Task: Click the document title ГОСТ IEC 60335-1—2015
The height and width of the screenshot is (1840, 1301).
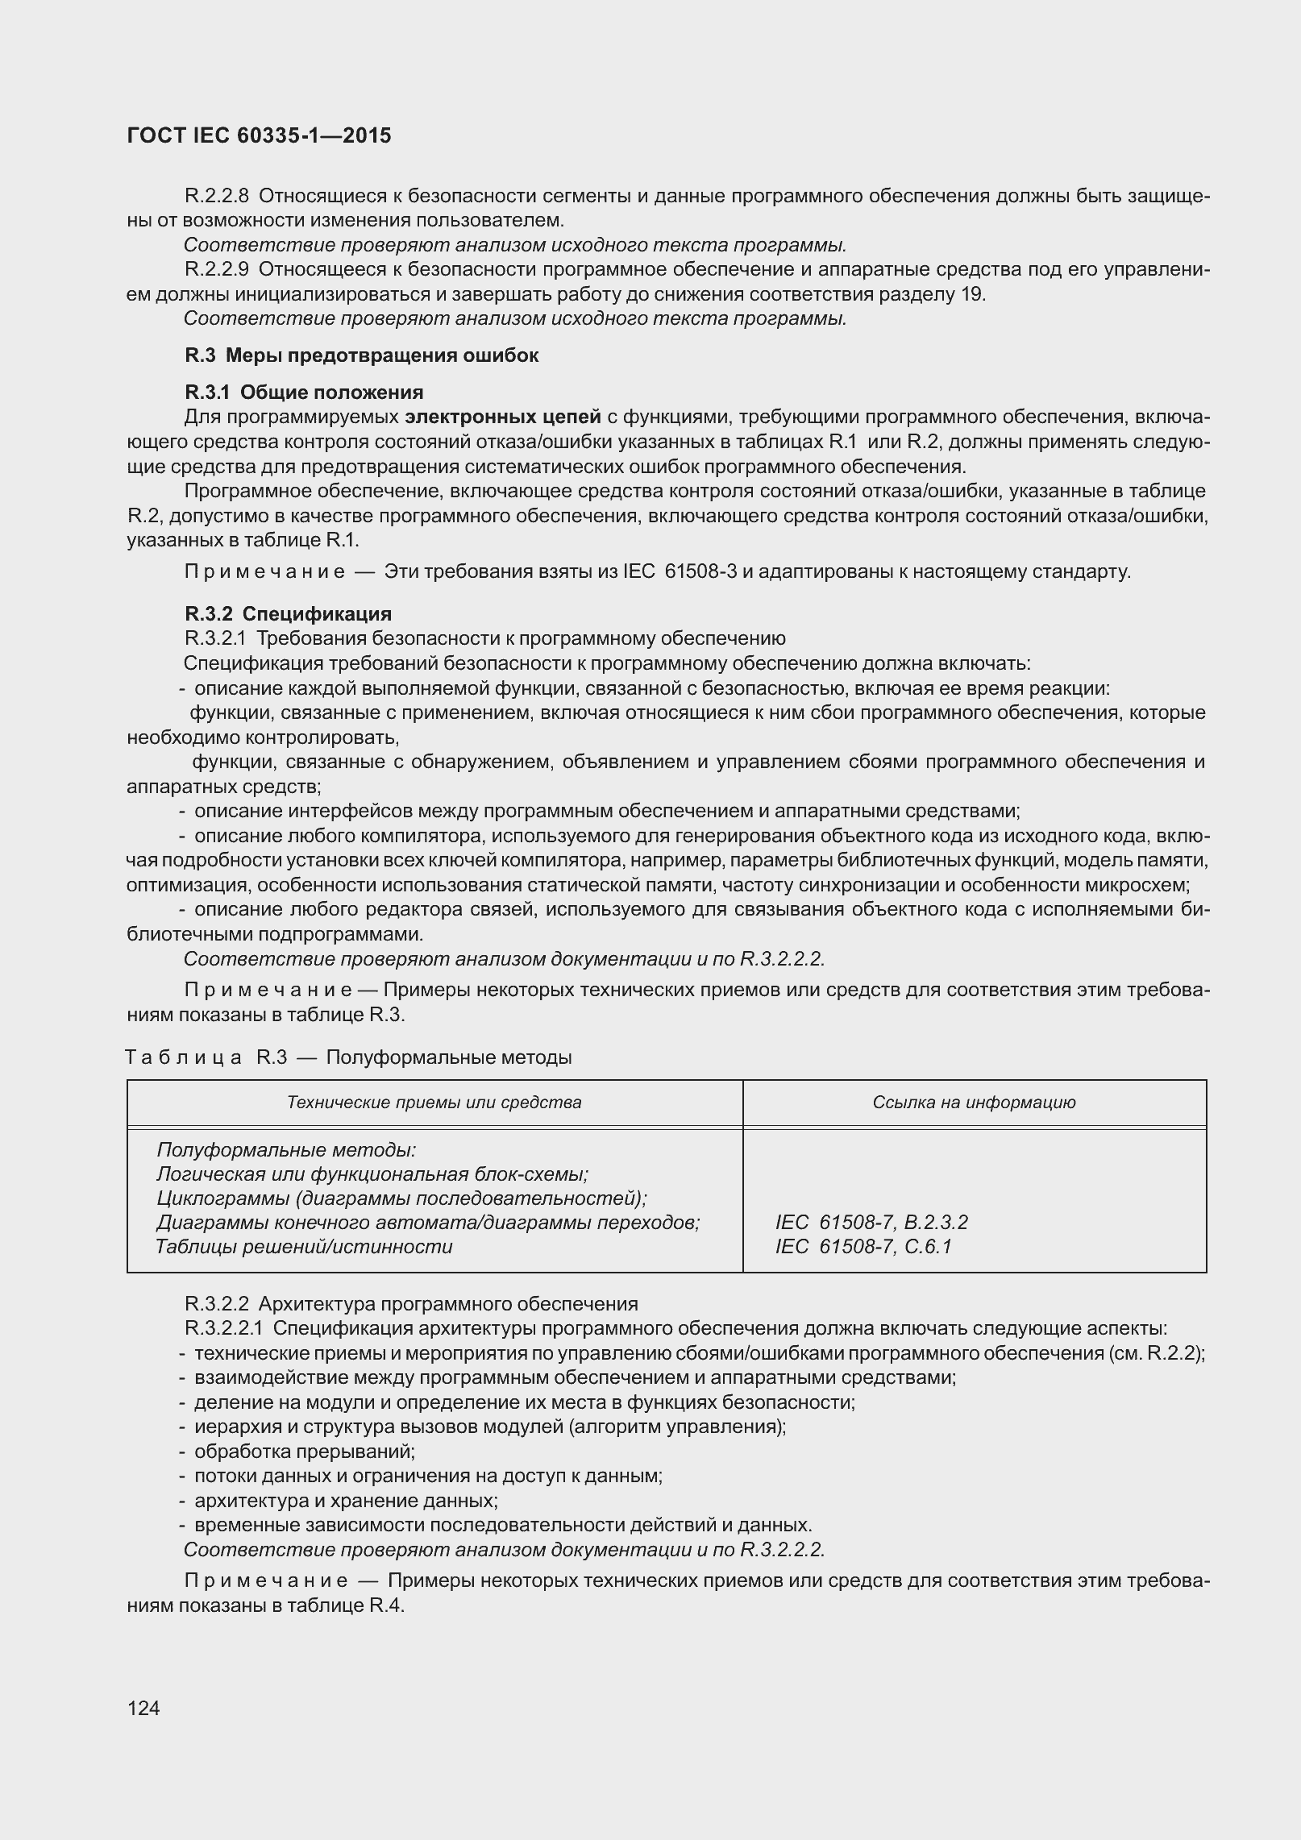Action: click(x=259, y=135)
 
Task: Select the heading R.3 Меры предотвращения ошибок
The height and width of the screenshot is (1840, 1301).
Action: click(x=361, y=355)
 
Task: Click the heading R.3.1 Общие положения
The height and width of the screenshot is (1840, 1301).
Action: click(x=304, y=393)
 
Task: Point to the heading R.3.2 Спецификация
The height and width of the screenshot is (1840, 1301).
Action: click(x=288, y=614)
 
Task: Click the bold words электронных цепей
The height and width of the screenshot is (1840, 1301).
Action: click(x=503, y=417)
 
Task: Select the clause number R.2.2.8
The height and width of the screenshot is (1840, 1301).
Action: click(x=216, y=196)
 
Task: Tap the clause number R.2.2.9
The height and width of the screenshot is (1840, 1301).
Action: click(x=216, y=269)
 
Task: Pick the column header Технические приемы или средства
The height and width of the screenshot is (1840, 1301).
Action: click(x=434, y=1103)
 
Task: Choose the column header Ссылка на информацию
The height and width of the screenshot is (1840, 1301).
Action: click(x=974, y=1103)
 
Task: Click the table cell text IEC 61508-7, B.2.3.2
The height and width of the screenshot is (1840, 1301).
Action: click(x=871, y=1223)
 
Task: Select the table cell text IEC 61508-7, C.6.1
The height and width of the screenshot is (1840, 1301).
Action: click(x=862, y=1247)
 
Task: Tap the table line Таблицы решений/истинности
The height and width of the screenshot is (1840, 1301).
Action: click(x=304, y=1247)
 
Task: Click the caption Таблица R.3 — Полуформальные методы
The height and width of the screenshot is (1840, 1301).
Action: click(x=348, y=1057)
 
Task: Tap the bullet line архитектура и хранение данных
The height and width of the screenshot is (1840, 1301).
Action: click(x=345, y=1501)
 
